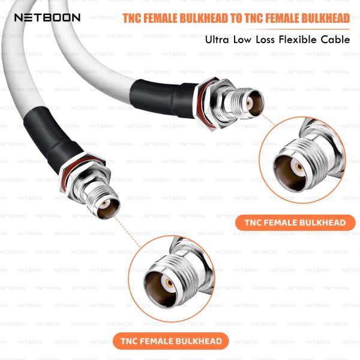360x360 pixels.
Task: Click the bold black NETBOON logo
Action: [47, 17]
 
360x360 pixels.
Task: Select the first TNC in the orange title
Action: [135, 18]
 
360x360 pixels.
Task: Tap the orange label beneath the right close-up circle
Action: [295, 223]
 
